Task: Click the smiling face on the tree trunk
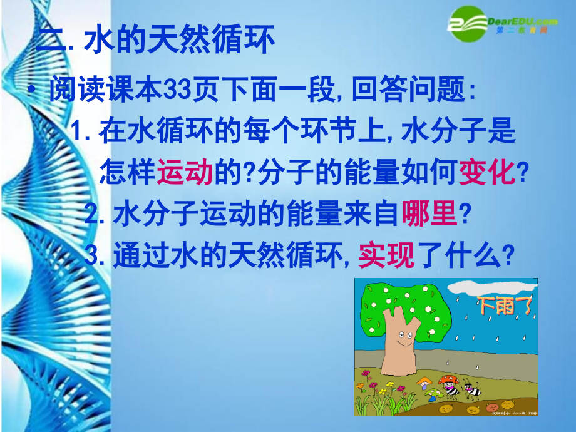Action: click(401, 342)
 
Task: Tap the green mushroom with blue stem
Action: click(431, 393)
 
